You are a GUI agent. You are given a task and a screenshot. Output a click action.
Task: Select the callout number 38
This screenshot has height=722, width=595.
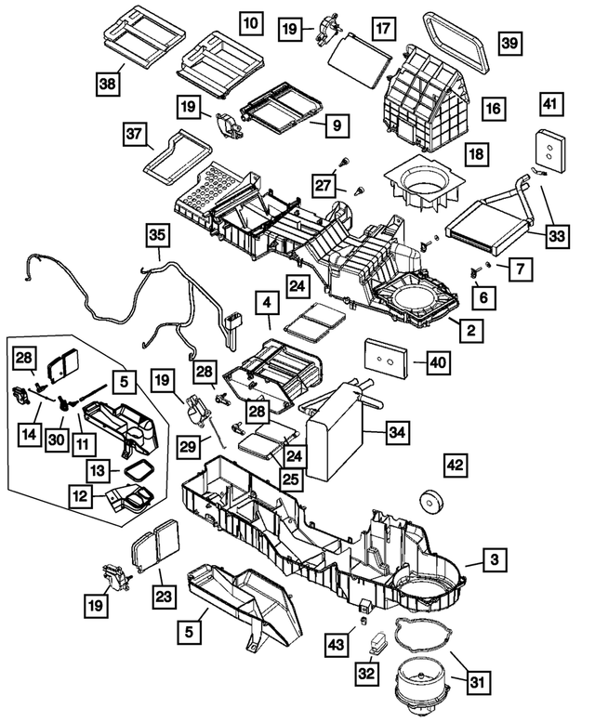coord(109,84)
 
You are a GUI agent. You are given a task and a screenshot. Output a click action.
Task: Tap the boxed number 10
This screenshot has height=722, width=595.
coord(250,20)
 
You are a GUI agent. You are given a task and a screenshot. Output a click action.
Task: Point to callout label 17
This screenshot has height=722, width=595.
coord(382,29)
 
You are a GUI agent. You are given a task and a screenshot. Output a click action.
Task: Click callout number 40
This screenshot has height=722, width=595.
coord(437,361)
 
